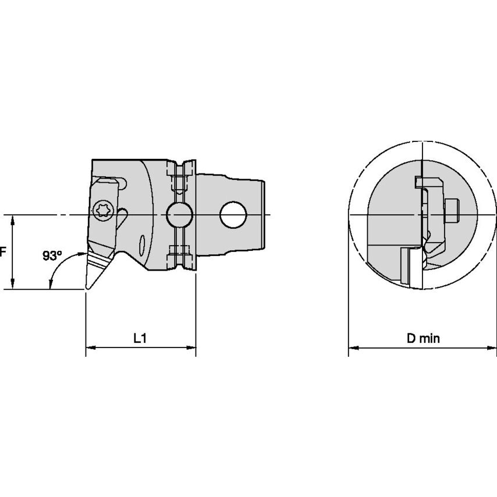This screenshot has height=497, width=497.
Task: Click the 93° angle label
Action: click(52, 255)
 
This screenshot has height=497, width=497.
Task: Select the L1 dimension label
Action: click(140, 339)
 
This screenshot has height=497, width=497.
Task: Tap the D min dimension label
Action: click(423, 339)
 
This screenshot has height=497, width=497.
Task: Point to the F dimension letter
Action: click(3, 252)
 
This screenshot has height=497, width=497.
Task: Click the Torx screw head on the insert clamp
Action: click(104, 210)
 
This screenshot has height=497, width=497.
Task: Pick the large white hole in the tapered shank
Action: click(233, 215)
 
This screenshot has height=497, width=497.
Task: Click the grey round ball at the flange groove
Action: click(179, 215)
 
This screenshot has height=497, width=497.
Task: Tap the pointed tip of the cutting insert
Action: click(87, 288)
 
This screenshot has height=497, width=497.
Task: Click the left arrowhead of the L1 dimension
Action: click(90, 347)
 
